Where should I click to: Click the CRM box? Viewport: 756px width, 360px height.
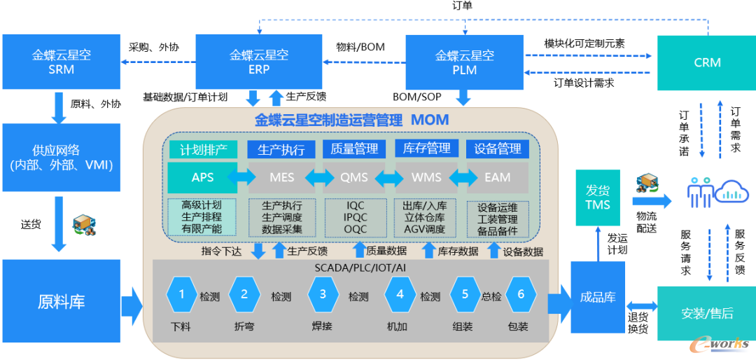pos(707,62)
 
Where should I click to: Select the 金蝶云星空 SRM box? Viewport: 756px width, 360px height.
pos(62,62)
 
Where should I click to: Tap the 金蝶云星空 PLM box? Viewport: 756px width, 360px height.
pos(464,62)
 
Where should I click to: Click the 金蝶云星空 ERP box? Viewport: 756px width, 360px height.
pos(259,62)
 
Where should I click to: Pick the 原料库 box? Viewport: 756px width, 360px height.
pos(62,303)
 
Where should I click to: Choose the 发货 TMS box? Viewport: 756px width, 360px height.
pos(598,197)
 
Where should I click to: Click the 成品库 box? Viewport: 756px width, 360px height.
pos(597,297)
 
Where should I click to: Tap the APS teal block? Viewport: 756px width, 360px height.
pos(202,178)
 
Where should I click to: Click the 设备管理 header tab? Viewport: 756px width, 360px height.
pos(498,149)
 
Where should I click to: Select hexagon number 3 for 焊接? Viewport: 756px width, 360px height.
pos(323,295)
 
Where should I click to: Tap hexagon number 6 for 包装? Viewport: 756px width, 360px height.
pos(520,295)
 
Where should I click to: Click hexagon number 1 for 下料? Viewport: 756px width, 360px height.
pos(182,295)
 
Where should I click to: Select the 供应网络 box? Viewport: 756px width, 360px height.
pos(62,158)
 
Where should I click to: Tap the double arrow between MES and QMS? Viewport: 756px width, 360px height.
pos(318,178)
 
